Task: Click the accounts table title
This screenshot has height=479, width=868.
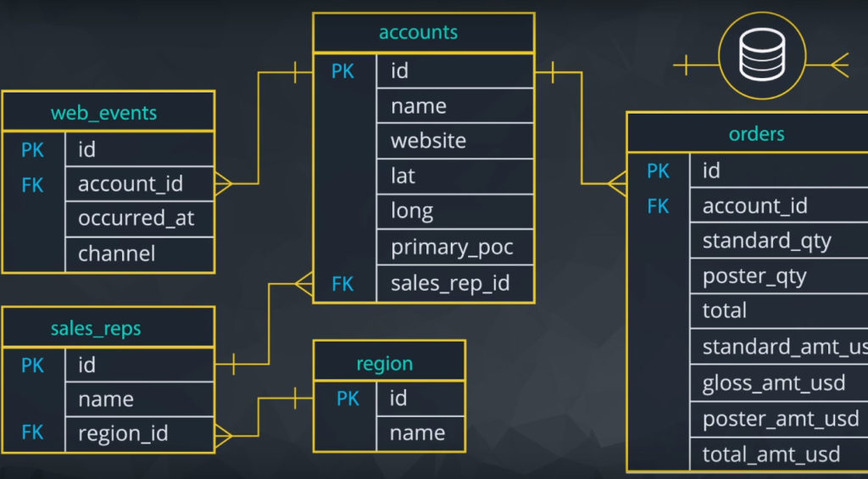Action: pos(418,33)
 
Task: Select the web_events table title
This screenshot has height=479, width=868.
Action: pos(103,113)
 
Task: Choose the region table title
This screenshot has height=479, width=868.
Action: pos(384,364)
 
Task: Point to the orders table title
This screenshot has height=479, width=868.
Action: pos(756,134)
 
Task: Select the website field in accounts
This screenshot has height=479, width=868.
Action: pos(428,141)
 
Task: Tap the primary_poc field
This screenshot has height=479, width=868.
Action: pos(451,248)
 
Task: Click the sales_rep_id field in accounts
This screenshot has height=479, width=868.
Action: pos(449,283)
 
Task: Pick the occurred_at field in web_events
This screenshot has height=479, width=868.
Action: pos(136,219)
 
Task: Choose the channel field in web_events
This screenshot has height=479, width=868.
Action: pos(116,253)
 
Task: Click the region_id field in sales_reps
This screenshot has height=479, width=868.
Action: pos(123,434)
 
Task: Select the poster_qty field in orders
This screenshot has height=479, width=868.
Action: pos(754,276)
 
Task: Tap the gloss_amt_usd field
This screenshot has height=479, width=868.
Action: pos(774,383)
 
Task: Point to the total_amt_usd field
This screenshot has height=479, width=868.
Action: pos(771,454)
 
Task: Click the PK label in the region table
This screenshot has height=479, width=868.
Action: pos(348,398)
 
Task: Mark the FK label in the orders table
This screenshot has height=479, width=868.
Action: pos(658,206)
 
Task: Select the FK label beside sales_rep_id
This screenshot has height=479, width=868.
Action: pos(342,283)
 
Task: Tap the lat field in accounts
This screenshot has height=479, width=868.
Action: pos(403,176)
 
